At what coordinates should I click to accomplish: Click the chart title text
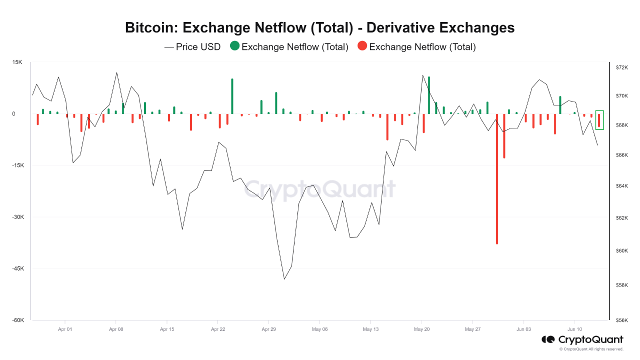(319, 27)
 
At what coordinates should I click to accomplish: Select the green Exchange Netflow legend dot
(234, 46)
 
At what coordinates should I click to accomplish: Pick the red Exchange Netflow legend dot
(362, 46)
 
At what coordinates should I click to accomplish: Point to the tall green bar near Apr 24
(232, 96)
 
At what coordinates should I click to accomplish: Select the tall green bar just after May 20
(429, 95)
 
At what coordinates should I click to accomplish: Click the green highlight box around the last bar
(599, 120)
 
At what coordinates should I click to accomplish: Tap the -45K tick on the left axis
(17, 269)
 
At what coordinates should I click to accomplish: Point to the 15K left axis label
(17, 62)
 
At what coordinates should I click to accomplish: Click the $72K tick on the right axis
(621, 67)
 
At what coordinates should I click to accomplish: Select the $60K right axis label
(621, 251)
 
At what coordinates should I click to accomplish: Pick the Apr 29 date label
(269, 329)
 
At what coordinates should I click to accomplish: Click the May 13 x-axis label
(370, 329)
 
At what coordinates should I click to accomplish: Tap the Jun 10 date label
(574, 329)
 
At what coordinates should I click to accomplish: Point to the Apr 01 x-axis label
(65, 329)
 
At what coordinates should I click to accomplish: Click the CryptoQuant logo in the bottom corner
(582, 340)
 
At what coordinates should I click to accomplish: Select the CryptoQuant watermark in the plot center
(320, 189)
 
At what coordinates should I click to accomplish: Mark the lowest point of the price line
(284, 279)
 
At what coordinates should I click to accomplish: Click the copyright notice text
(591, 349)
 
